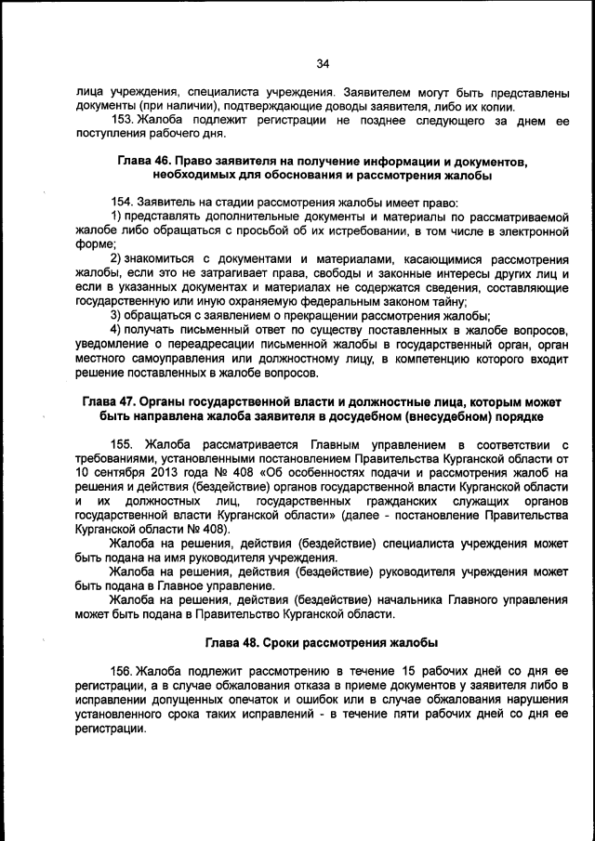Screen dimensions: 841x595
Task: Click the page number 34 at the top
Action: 323,64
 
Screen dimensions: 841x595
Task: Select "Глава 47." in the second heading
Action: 111,401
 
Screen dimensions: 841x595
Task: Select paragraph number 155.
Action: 124,441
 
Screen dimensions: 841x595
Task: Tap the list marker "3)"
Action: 116,316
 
